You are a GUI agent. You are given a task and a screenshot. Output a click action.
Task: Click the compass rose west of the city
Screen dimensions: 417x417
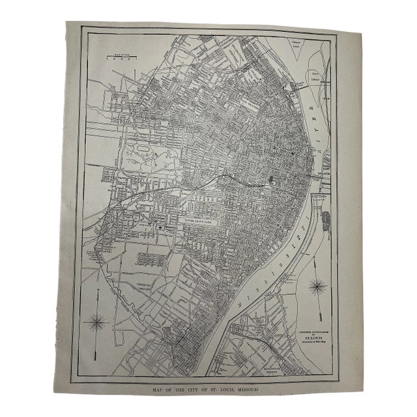99,321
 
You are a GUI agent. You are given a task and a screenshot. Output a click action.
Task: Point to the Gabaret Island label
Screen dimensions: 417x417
302,47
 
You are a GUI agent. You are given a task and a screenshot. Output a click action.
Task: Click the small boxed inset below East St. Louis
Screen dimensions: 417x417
321,195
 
